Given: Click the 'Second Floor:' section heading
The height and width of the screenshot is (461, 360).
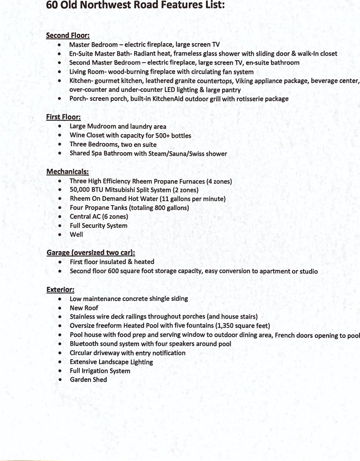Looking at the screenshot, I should click(67, 36).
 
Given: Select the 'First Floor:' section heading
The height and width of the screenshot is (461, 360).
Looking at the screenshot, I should click(63, 117).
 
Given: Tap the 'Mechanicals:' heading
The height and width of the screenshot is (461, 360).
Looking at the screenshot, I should click(67, 172).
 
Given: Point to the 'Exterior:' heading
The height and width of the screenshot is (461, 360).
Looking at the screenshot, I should click(60, 290).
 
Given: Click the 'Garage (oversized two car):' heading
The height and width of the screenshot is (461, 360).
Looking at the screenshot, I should click(91, 253).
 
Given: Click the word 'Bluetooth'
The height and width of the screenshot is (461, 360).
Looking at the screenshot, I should click(85, 344).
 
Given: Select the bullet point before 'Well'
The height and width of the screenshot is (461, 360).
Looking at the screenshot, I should click(61, 234).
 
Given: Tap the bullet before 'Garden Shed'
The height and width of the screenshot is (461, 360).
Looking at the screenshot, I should click(61, 380).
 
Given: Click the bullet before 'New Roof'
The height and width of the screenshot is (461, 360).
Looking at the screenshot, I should click(61, 308).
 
